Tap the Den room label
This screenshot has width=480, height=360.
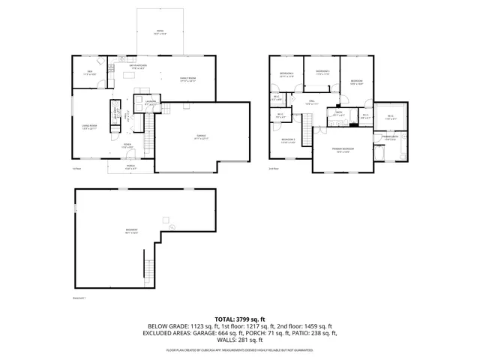(89, 73)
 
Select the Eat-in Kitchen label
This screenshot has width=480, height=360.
(136, 67)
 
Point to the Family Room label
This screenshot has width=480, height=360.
(187, 79)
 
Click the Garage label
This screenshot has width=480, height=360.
(201, 136)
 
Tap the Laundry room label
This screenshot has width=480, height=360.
(151, 101)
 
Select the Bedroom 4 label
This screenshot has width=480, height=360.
(323, 73)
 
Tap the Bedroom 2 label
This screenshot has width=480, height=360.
(288, 140)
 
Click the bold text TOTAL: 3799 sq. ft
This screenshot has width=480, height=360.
(240, 319)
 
